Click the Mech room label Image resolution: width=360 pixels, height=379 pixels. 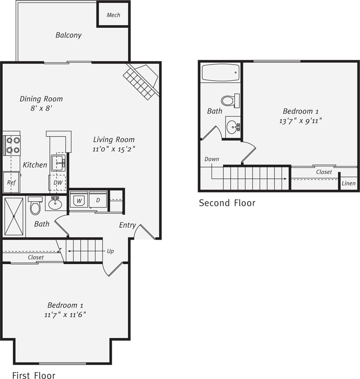point(113,15)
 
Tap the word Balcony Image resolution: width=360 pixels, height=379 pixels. point(68,35)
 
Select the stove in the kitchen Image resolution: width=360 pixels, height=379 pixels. point(12,145)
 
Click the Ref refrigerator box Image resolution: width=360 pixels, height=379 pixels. point(11,183)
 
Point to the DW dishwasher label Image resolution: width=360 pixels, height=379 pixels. point(58,183)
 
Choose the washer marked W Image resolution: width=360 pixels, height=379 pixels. point(79,200)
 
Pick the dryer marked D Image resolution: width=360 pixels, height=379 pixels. point(98,200)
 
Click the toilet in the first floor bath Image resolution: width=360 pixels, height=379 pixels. point(36,206)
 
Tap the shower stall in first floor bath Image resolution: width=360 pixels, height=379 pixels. point(14,216)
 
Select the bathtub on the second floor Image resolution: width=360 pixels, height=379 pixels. point(221,73)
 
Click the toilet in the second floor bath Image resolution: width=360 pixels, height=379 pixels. point(230,100)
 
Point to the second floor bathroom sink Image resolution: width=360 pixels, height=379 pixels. point(233,127)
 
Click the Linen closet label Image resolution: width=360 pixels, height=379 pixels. point(348,183)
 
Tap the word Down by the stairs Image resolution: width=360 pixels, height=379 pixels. point(212,159)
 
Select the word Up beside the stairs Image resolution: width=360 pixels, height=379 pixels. point(110,251)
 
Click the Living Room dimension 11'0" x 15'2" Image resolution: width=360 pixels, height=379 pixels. point(114,149)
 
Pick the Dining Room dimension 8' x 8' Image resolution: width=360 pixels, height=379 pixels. point(41,108)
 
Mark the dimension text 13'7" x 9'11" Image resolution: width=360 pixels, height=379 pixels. point(301,120)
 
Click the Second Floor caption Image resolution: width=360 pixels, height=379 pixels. point(227,203)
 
